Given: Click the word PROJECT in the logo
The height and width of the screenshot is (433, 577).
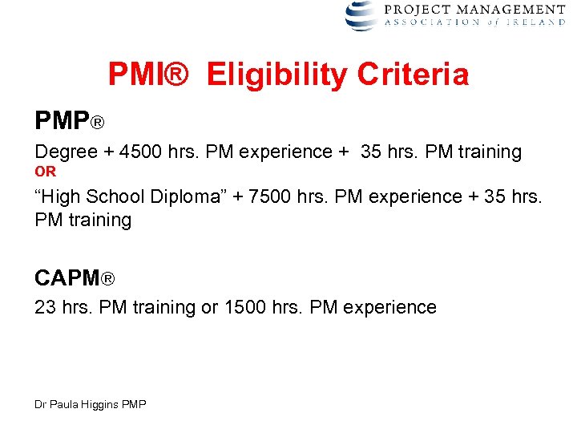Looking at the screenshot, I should point(415,9).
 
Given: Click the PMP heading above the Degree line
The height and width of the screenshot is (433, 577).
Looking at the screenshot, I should point(63,121).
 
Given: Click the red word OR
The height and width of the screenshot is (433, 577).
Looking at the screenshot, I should point(46,172).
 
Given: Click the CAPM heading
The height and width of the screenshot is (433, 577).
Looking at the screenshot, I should point(67,278).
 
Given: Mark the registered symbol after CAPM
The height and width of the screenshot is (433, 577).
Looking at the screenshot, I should point(108,280).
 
